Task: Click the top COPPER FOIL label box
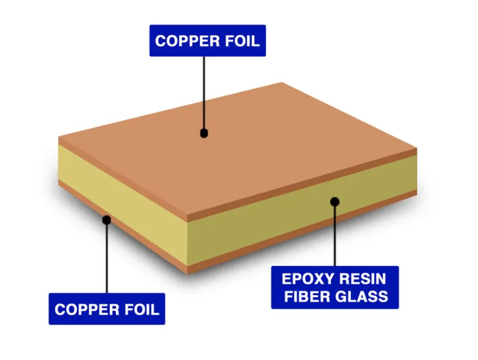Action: [x=208, y=41]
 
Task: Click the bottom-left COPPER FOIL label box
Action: [x=107, y=309]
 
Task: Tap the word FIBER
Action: [x=308, y=297]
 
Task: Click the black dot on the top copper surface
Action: [x=204, y=133]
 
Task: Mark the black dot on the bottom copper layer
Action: [x=106, y=219]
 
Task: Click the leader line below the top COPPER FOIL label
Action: [x=204, y=92]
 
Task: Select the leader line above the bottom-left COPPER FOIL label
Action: [x=107, y=257]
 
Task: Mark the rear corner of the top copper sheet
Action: [x=281, y=83]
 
